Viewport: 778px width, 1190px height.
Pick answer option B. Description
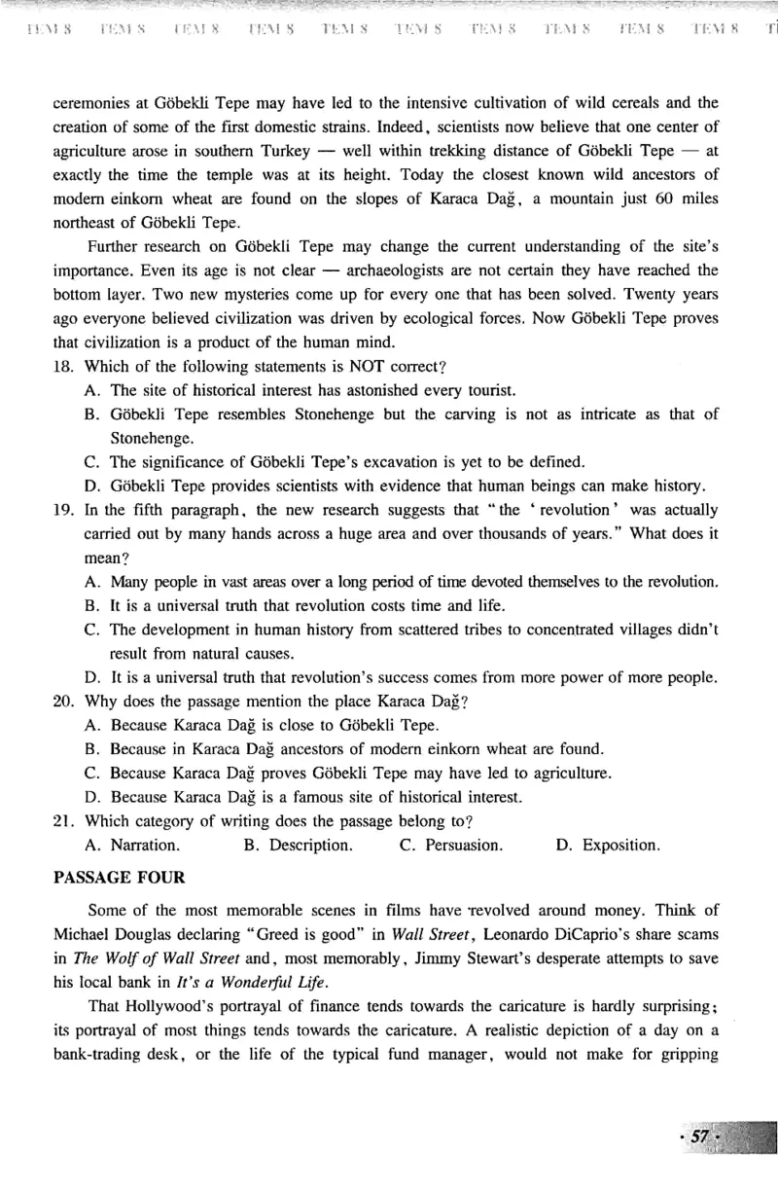coord(298,845)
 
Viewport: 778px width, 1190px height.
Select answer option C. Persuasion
coord(450,845)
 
